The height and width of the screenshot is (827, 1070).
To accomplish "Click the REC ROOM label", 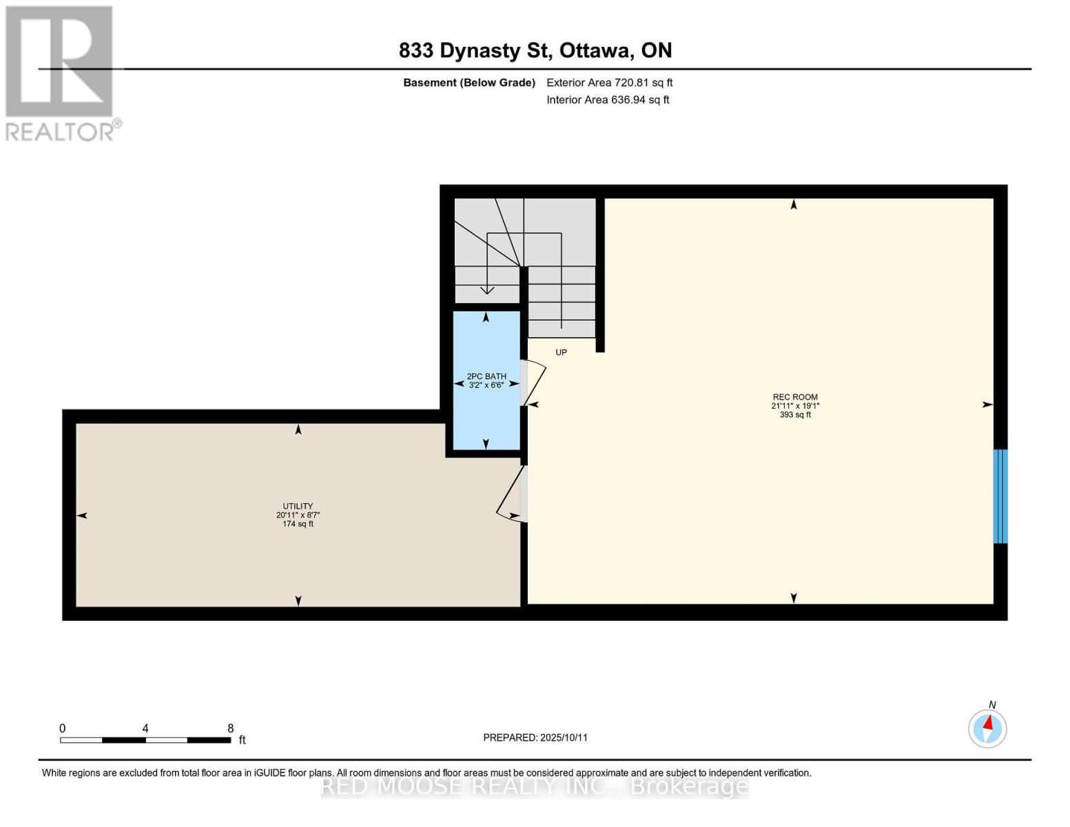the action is pos(794,397).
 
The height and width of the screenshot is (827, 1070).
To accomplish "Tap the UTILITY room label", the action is pos(298,507).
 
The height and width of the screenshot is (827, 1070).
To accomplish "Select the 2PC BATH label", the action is pos(486,376).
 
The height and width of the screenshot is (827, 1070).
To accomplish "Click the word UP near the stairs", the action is pos(561,352).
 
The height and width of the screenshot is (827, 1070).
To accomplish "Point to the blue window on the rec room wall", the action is pos(1000,496).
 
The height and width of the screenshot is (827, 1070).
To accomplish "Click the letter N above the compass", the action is pos(992,705).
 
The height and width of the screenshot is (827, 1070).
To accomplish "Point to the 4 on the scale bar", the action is pos(145,728).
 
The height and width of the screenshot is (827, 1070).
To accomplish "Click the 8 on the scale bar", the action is pos(230,728).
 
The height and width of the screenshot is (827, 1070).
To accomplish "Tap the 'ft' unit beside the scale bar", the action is pos(242,739).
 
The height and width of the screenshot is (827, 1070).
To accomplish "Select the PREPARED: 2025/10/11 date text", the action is pos(535,737).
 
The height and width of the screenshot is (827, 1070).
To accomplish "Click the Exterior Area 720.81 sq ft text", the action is pos(609,83).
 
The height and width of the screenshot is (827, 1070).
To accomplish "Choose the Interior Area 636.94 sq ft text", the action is pos(608,100).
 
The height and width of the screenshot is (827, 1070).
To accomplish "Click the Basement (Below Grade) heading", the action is pos(469,83).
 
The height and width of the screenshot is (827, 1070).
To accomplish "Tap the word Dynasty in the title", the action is pos(480,51).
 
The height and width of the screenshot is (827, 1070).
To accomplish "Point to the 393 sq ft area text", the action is pos(794,415).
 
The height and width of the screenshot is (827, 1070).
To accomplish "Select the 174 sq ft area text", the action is pos(298,524).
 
